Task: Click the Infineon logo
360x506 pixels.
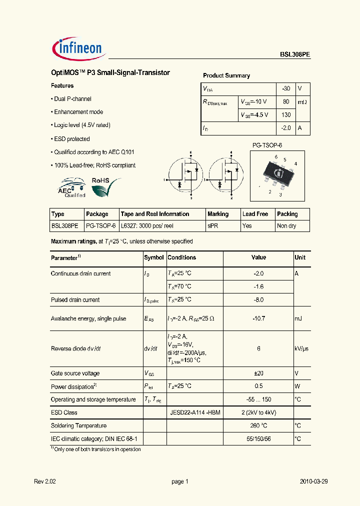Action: click(77, 48)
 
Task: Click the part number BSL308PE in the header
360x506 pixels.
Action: click(294, 56)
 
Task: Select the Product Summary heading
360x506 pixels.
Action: click(226, 75)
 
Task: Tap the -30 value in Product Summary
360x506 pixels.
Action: click(285, 88)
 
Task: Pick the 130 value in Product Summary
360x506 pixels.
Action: click(286, 115)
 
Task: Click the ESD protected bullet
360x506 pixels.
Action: click(70, 139)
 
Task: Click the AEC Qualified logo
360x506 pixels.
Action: click(72, 188)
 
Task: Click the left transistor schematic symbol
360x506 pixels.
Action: click(184, 175)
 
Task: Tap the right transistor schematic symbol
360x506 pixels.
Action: click(225, 175)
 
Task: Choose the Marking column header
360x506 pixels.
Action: click(218, 214)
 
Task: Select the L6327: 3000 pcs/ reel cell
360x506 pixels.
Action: click(147, 226)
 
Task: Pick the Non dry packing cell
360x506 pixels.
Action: click(286, 226)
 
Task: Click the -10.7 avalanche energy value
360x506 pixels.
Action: click(258, 318)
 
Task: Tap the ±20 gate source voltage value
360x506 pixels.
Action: click(258, 373)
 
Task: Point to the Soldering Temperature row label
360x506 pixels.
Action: click(78, 425)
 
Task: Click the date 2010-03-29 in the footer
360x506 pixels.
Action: click(313, 481)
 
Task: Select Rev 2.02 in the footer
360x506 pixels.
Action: click(45, 481)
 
